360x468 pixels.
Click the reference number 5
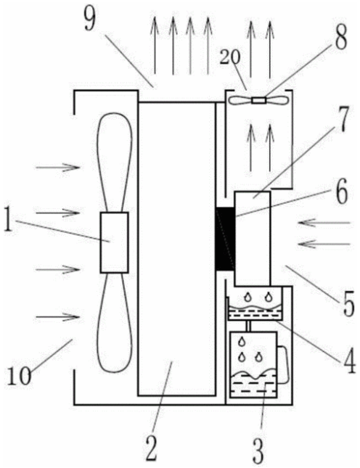tap(348, 303)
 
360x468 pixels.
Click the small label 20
tap(230, 58)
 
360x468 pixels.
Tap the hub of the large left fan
tap(115, 242)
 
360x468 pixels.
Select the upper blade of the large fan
tap(114, 163)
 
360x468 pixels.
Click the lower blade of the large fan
tap(115, 322)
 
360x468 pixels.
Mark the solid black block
tap(225, 239)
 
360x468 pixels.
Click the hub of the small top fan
tap(258, 101)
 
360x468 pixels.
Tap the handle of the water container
tap(284, 364)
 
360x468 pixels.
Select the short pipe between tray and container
tap(247, 326)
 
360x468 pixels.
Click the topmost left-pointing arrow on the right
tap(324, 223)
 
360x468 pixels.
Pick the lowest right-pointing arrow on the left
tap(57, 317)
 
